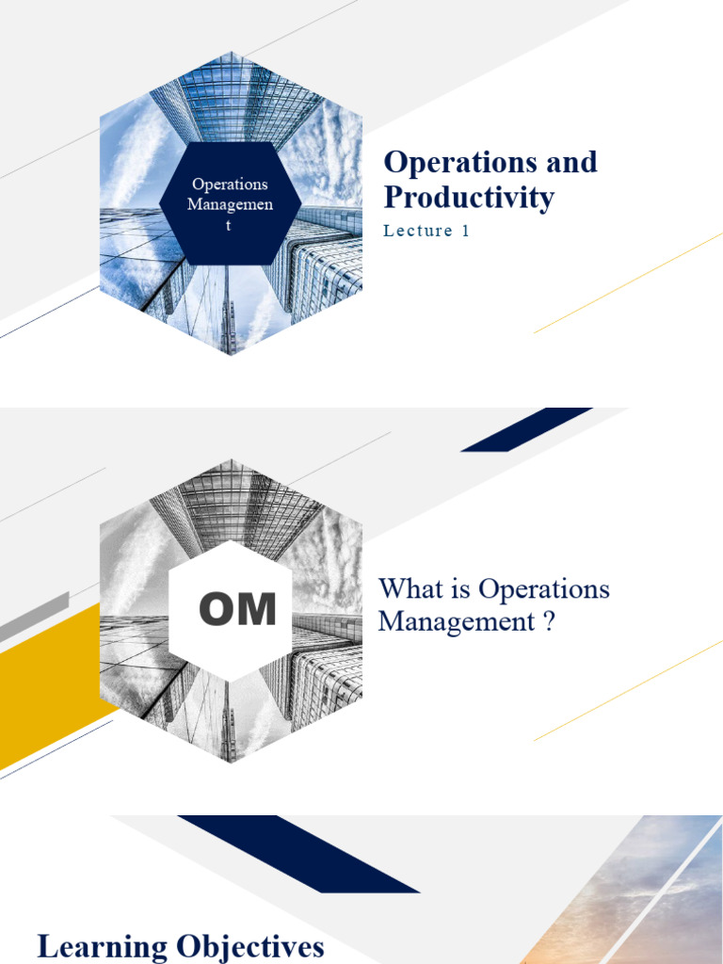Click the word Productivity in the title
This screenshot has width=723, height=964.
(469, 198)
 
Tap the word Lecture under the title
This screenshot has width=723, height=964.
(419, 232)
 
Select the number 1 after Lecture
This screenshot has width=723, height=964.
(464, 232)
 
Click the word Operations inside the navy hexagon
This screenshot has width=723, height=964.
(230, 185)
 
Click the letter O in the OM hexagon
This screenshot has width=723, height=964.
(216, 610)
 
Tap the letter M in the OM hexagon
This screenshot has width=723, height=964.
(257, 610)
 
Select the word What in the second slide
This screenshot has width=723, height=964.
(408, 590)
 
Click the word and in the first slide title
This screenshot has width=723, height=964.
(573, 162)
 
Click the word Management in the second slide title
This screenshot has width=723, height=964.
(457, 622)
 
